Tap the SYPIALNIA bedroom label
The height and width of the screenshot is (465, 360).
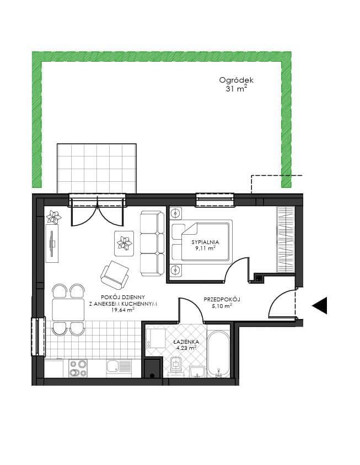pos(205,242)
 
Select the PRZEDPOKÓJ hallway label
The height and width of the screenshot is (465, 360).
pos(222,299)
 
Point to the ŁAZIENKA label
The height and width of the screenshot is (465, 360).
pos(186,342)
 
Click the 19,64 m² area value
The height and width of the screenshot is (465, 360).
pos(123,310)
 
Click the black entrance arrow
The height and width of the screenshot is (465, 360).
pos(319,305)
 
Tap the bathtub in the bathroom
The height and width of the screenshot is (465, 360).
pos(218,354)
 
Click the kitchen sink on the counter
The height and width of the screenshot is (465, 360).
pos(119,369)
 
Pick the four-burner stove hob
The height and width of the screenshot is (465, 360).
pos(78,369)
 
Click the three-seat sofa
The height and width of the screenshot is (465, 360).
pos(152,244)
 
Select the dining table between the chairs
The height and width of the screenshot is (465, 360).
pos(68,310)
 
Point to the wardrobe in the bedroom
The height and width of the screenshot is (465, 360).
pos(286,240)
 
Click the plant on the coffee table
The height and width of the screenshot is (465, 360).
pos(125,242)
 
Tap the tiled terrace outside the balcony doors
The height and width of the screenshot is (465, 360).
pos(96,169)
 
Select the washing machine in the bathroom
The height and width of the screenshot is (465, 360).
pos(156,338)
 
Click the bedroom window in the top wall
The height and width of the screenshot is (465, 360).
pos(214,199)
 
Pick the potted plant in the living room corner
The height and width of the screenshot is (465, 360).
pos(53,217)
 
